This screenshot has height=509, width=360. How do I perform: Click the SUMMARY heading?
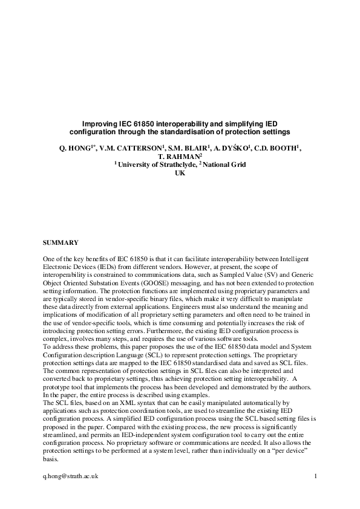60,242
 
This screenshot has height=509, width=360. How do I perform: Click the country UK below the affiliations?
180,173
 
